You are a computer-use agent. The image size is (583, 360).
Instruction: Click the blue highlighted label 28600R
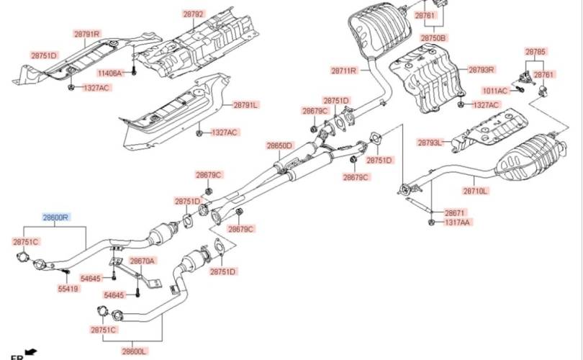[55, 217]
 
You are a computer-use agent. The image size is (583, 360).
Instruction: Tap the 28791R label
[87, 34]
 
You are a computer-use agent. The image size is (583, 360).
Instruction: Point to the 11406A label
[111, 73]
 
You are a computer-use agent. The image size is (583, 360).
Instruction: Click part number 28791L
[245, 105]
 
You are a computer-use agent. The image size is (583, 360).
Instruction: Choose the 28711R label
[344, 71]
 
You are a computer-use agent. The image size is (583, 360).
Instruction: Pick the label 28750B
[433, 37]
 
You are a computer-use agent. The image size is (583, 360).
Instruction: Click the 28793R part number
[482, 70]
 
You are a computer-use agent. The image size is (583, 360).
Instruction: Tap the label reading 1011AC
[494, 90]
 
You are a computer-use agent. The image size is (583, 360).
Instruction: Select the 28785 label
[535, 52]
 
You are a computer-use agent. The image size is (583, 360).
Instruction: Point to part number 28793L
[430, 143]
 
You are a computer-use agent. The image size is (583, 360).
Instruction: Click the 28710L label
[475, 192]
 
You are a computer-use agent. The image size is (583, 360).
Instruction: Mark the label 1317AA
[457, 223]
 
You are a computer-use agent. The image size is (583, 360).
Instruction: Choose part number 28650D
[280, 145]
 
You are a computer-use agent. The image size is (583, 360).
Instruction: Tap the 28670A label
[142, 261]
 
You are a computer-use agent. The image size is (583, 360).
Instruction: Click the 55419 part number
[68, 289]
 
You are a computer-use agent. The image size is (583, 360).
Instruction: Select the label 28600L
[135, 351]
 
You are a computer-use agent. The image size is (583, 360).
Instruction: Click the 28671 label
[454, 213]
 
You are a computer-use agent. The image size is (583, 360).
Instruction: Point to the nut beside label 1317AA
[430, 222]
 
